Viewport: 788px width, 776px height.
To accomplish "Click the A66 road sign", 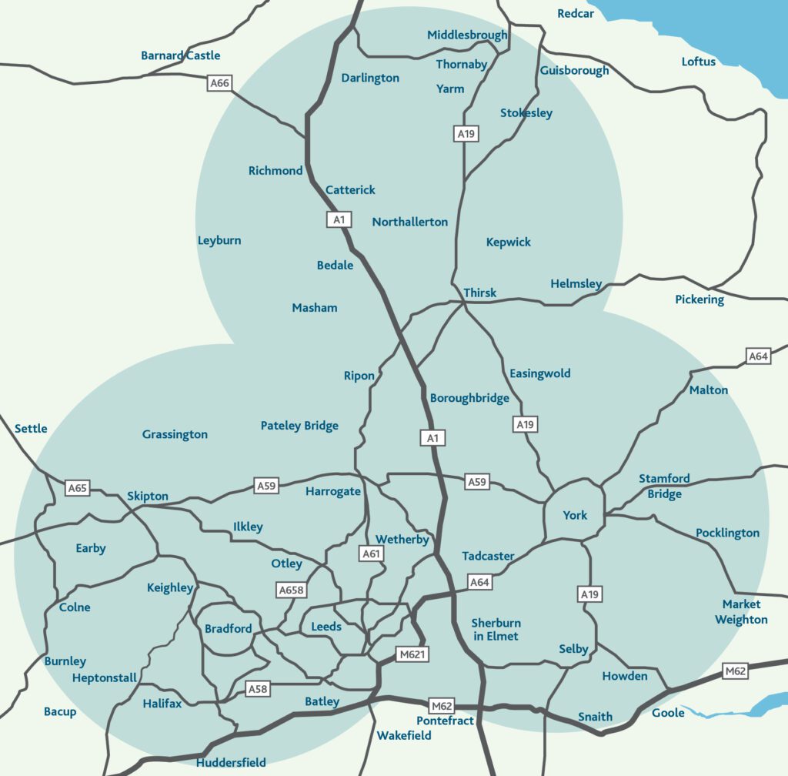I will (220, 83).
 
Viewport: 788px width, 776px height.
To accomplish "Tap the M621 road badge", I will (412, 654).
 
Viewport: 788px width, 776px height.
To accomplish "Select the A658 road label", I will (291, 590).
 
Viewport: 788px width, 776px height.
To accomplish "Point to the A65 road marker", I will (78, 487).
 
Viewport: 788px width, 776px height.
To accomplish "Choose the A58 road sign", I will (258, 689).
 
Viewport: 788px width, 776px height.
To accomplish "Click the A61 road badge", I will (371, 553).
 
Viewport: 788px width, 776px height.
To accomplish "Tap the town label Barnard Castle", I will (180, 55).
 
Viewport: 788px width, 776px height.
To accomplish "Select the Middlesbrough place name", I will (467, 35).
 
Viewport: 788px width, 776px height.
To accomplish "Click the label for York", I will (575, 515).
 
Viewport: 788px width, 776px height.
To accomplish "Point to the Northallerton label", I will (409, 222).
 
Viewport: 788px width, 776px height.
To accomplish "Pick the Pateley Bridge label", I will (299, 426).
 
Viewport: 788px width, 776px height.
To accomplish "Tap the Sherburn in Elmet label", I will (496, 630).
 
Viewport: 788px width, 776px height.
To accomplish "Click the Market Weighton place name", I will (741, 612).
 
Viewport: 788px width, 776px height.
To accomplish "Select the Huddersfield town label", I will (231, 763).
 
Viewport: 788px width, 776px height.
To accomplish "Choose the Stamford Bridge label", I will (664, 487).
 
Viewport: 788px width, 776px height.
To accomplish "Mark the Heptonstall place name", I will (104, 678).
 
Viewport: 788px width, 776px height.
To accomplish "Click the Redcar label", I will (576, 14).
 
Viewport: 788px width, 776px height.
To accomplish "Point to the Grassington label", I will (175, 435).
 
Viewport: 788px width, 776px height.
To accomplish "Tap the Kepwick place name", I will (509, 242).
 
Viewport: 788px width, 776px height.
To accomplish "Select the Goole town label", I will (668, 713).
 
